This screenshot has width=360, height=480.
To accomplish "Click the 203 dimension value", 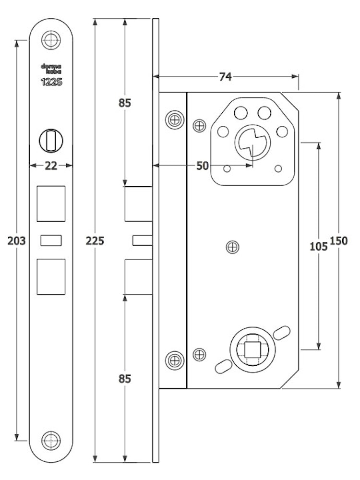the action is coord(16,241).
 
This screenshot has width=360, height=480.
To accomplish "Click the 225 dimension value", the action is coord(95,241).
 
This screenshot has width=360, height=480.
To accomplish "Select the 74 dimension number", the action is coord(225,76).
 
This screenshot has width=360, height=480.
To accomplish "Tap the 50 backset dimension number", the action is coord(203,166).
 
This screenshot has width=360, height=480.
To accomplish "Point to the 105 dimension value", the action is coord(319,246).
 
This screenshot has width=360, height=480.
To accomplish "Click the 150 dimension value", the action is coord(339,241).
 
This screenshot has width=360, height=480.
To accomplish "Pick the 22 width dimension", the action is coord(51,166).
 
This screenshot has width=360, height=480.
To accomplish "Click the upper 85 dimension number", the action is coord(125,103).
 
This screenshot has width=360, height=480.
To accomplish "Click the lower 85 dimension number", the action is coord(125,379).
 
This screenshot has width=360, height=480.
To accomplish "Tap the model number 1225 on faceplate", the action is coord(51,82).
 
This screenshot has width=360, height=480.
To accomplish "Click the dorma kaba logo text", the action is coord(51,69).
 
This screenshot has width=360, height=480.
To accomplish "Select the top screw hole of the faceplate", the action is coord(51,40).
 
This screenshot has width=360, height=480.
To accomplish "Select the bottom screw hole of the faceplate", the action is coord(51,441).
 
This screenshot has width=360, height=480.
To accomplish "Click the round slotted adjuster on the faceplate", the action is coord(51,141).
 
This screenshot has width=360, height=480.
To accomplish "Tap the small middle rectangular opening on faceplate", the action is coord(51,240).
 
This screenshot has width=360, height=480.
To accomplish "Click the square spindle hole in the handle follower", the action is coord(252,350).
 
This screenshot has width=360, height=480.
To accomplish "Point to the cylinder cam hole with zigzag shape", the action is coord(252,143).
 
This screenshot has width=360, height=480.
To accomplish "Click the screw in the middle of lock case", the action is coord(232,247).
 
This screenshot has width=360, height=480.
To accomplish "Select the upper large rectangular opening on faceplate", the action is coord(51,204).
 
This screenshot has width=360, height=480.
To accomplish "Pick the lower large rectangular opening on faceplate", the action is coord(51,277).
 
